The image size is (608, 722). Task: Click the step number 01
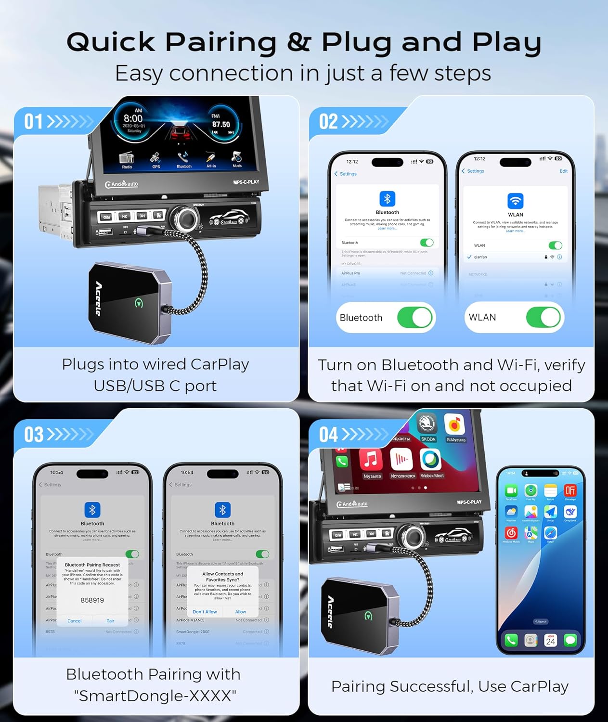(34, 122)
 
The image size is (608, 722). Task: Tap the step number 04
(328, 435)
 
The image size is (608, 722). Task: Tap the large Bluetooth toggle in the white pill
(414, 318)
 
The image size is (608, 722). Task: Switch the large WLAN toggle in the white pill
(543, 318)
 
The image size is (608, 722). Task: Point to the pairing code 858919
(92, 600)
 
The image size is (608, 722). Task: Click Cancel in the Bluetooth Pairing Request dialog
(75, 621)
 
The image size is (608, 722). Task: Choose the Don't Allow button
(205, 612)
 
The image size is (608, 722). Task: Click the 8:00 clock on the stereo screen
(133, 118)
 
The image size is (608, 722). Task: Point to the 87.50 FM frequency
(221, 124)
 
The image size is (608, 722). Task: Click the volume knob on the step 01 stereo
(186, 218)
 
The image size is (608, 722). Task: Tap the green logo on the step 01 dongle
(139, 303)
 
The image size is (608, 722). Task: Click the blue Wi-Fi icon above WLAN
(515, 200)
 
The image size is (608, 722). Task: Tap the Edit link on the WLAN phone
(563, 171)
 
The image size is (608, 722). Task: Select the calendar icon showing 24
(550, 640)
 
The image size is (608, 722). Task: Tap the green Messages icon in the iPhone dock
(570, 640)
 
